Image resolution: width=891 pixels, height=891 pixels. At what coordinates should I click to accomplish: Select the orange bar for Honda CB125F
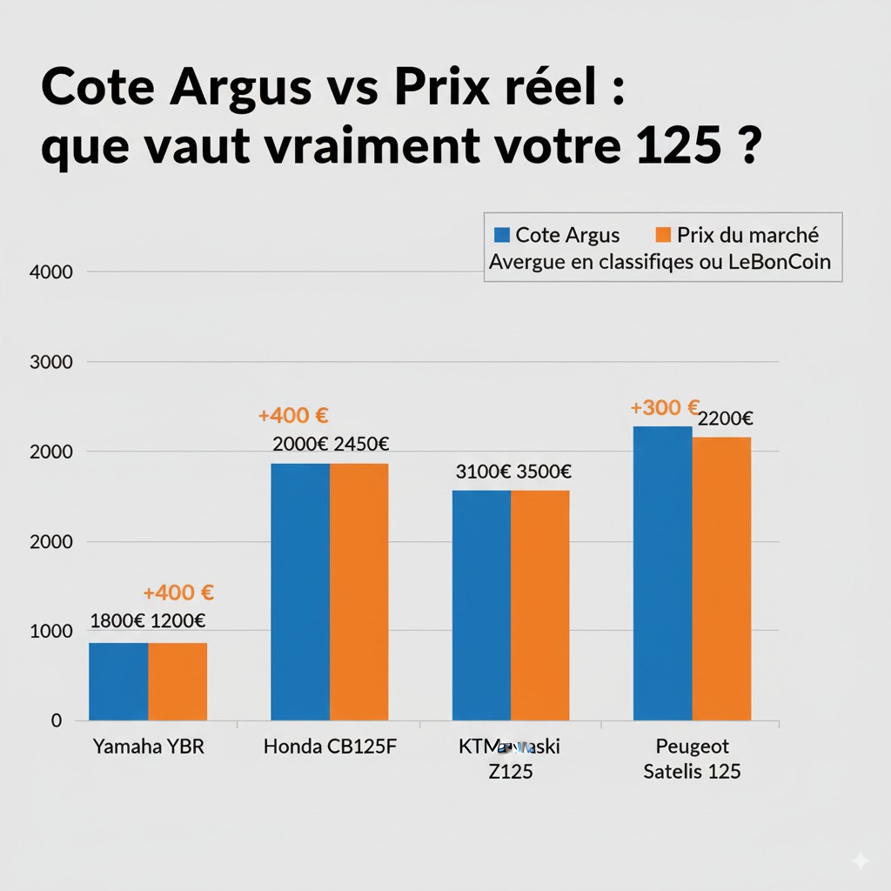pyautogui.click(x=358, y=592)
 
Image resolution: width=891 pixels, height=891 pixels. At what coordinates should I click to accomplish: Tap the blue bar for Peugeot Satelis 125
pyautogui.click(x=662, y=573)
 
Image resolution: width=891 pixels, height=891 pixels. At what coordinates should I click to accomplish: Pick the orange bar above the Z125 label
pyautogui.click(x=539, y=606)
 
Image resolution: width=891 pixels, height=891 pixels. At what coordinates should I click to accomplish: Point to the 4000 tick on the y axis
pyautogui.click(x=51, y=271)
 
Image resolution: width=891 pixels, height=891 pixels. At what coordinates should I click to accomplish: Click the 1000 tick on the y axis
pyautogui.click(x=51, y=631)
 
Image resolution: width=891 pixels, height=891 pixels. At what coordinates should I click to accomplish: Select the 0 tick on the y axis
pyautogui.click(x=57, y=720)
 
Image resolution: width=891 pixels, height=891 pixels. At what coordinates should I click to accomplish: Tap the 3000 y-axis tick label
pyautogui.click(x=51, y=362)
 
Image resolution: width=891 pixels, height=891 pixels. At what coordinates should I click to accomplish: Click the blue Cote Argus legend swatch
pyautogui.click(x=500, y=235)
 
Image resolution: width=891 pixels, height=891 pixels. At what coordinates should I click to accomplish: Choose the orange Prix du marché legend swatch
pyautogui.click(x=663, y=235)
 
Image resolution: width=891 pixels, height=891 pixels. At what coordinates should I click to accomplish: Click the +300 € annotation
pyautogui.click(x=666, y=407)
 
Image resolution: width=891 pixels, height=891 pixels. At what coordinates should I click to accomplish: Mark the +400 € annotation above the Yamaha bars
pyautogui.click(x=178, y=593)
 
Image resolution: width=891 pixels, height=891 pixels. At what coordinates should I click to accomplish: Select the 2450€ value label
pyautogui.click(x=360, y=444)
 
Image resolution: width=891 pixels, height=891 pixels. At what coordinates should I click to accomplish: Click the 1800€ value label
pyautogui.click(x=117, y=621)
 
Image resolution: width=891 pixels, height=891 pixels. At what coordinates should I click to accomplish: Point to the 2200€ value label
pyautogui.click(x=726, y=419)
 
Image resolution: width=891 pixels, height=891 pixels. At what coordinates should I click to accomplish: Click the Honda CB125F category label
pyautogui.click(x=330, y=747)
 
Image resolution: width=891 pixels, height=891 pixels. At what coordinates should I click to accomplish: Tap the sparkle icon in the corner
pyautogui.click(x=860, y=861)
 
